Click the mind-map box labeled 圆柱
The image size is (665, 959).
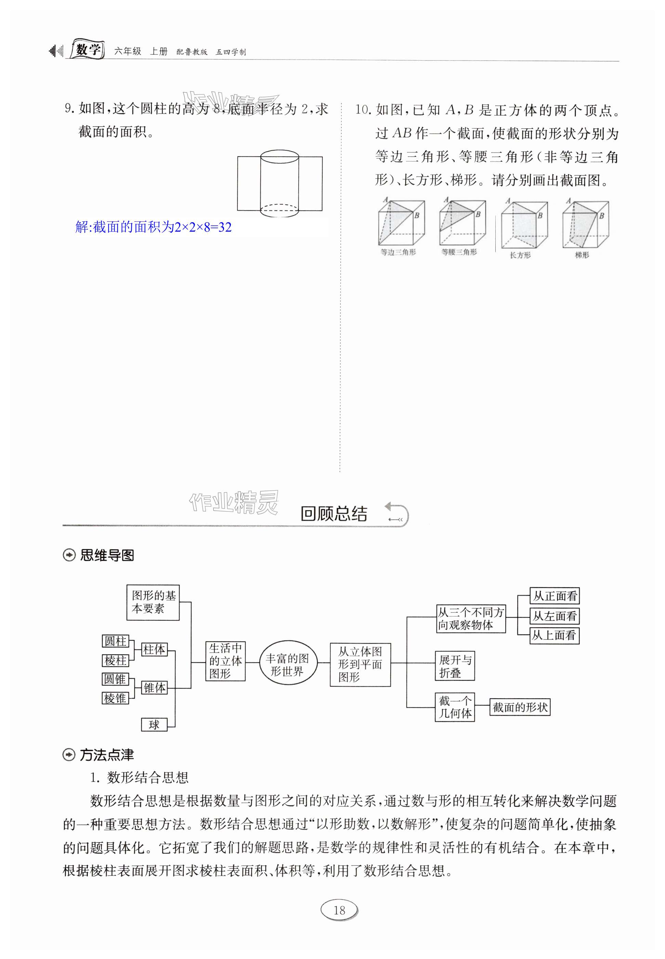point(115,641)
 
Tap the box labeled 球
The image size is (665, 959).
point(154,725)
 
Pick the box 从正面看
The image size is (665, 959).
point(554,596)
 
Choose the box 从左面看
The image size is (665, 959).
point(554,616)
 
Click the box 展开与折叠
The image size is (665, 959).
point(455,666)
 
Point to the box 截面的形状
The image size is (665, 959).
point(520,707)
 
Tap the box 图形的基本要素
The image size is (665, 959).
point(153,602)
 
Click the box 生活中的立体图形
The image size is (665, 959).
point(225,661)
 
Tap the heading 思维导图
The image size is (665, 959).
point(107,556)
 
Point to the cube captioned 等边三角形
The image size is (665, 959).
point(401,223)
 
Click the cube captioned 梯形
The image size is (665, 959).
point(585,225)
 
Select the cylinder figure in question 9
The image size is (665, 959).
point(279,184)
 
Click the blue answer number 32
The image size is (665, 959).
point(225,227)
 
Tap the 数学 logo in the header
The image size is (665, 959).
point(88,50)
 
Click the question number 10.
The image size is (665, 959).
point(363,110)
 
